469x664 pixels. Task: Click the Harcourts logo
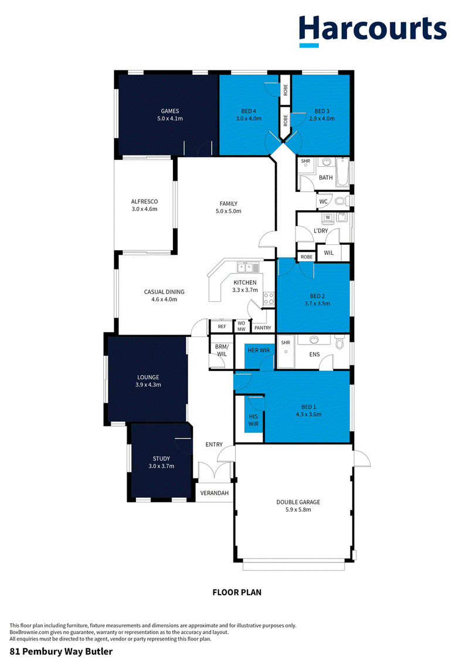(373, 31)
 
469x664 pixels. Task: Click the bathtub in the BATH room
(343, 173)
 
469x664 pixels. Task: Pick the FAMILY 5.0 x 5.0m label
(229, 207)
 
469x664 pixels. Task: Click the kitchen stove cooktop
(269, 299)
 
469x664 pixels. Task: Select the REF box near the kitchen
(222, 326)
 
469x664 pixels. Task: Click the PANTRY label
(263, 328)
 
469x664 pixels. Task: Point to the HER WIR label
(259, 350)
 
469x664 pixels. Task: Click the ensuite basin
(314, 339)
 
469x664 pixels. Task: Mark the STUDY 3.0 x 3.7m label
(161, 462)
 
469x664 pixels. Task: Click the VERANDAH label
(215, 493)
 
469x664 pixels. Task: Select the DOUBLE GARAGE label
(298, 502)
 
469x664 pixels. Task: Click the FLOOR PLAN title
(237, 592)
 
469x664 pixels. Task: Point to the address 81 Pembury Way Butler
(62, 651)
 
